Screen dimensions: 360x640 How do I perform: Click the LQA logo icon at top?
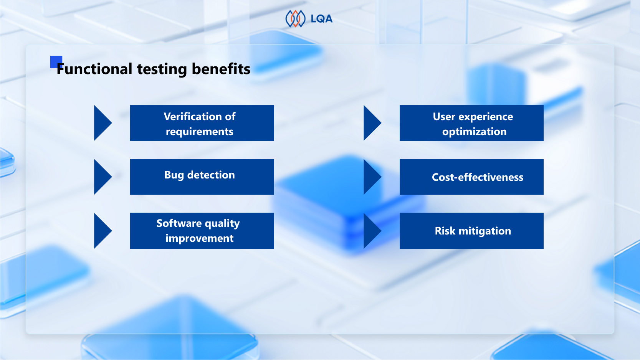[295, 19]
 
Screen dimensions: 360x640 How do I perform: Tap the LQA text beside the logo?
[321, 19]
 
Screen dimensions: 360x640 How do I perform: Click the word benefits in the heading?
[221, 69]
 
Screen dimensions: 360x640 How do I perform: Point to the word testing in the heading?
[162, 69]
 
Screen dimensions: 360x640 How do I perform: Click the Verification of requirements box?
[202, 123]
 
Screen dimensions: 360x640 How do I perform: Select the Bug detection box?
[202, 177]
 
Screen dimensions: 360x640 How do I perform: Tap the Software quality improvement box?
[202, 231]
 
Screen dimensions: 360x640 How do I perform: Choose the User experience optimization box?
[471, 123]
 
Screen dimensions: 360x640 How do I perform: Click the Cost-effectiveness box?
[471, 177]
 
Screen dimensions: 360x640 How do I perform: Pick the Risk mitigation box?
[471, 231]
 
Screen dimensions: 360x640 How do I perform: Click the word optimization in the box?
[474, 132]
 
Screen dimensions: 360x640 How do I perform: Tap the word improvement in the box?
[199, 238]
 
